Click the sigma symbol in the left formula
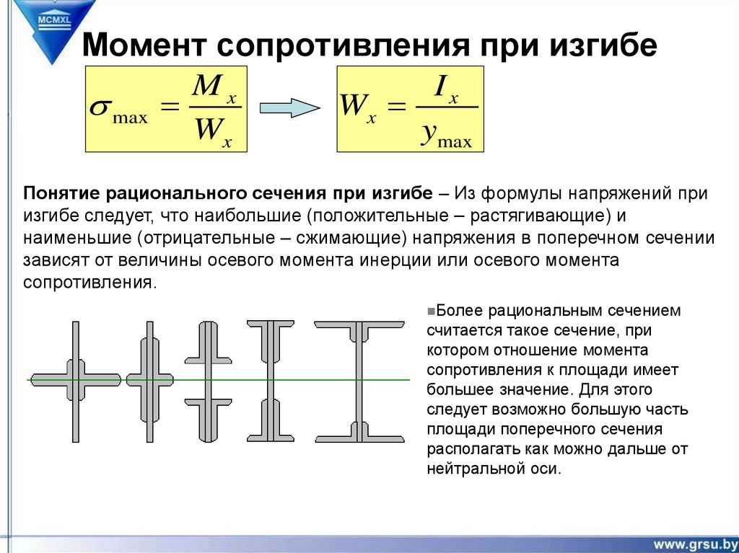tap(100, 109)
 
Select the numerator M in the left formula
tap(209, 89)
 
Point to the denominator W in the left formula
tap(209, 132)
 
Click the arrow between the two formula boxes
tap(289, 108)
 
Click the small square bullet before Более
tap(429, 311)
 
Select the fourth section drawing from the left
tap(270, 380)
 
